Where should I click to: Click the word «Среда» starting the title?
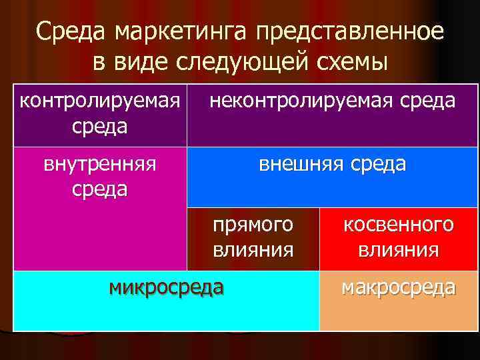(69, 31)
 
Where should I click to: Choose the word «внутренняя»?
(100, 164)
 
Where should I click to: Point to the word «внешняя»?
(299, 164)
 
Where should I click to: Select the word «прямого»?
(253, 225)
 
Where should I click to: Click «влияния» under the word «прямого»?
(253, 250)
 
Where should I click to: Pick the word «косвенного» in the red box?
(399, 225)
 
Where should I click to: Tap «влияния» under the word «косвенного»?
(399, 250)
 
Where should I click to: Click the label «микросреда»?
(167, 288)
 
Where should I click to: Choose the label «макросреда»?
(399, 288)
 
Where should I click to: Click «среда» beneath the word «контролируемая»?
(100, 125)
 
